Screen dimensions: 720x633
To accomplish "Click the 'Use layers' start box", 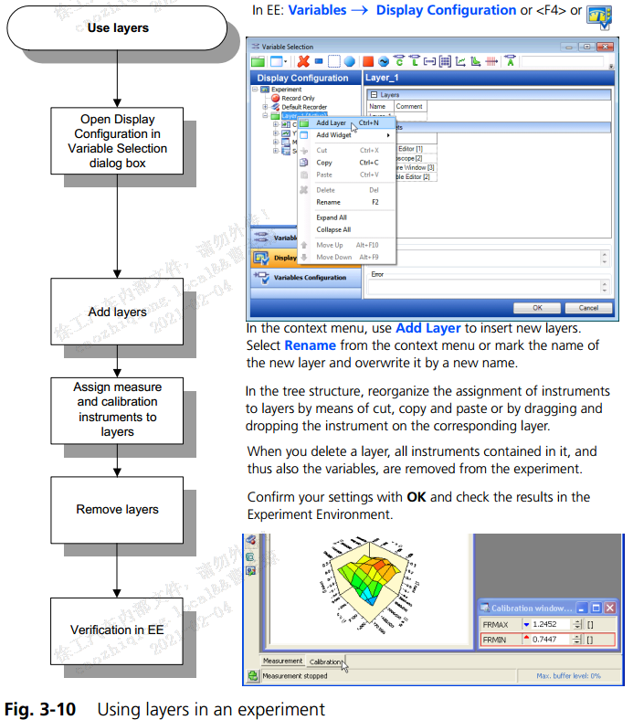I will [x=118, y=27].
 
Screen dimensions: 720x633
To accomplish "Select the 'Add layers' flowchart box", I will [x=118, y=312].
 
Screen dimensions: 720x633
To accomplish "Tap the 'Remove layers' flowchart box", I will [x=118, y=509].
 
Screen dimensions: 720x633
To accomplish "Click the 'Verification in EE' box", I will [x=118, y=630].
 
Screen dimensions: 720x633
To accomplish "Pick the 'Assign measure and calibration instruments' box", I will [x=118, y=409].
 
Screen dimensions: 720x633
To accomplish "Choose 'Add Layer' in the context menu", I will [x=331, y=122].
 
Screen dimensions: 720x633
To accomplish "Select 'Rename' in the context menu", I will [x=328, y=202].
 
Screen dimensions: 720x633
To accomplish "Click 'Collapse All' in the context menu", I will [x=333, y=229].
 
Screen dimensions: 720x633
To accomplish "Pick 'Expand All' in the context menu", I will [x=332, y=217].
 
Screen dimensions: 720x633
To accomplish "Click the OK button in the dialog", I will [x=538, y=308].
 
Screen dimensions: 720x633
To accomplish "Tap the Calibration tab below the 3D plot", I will [x=326, y=661].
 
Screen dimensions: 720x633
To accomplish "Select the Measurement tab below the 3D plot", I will [x=282, y=661].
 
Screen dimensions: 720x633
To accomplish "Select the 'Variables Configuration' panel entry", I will [x=311, y=278].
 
